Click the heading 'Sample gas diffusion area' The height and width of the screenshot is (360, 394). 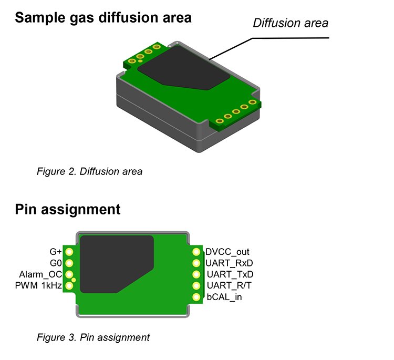(103, 18)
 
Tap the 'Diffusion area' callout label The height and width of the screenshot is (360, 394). (290, 23)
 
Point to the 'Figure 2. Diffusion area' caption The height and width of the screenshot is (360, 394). (89, 171)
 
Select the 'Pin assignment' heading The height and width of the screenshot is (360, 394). (68, 210)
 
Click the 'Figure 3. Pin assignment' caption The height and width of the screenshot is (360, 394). (93, 337)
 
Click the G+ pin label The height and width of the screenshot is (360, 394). (56, 252)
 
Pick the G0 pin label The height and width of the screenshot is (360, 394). (56, 263)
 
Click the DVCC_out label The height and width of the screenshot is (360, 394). (227, 252)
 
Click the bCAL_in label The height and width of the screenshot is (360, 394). (224, 297)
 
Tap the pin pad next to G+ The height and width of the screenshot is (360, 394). (69, 252)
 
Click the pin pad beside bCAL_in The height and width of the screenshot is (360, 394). (197, 297)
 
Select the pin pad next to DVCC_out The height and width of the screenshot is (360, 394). (197, 252)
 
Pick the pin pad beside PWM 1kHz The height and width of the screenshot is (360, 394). (69, 286)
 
